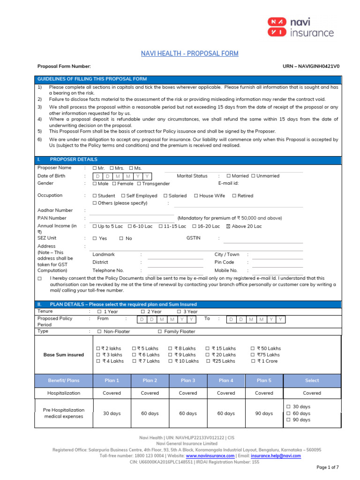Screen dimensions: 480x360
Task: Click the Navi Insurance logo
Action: pos(300,27)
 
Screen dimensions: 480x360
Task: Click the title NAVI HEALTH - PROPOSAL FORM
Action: pos(190,53)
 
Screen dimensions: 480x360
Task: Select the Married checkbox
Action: pos(229,176)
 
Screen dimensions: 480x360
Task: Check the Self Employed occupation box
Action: pos(123,196)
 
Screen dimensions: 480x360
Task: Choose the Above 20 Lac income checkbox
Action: pos(228,226)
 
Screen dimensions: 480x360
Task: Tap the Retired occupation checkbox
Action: pos(234,196)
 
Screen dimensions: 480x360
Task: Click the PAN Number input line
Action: pos(132,218)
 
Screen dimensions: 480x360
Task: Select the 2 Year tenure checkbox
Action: pos(143,312)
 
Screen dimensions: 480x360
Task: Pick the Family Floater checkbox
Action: pos(160,331)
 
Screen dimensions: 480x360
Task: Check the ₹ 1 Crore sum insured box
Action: pos(253,361)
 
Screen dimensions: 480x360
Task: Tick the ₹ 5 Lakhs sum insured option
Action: pos(134,349)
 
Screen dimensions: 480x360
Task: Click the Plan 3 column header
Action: pos(188,381)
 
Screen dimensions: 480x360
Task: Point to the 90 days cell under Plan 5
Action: pos(264,413)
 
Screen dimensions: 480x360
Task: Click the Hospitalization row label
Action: pos(64,393)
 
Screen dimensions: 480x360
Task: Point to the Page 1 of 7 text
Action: pos(328,467)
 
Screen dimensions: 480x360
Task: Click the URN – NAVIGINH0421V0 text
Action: pos(311,66)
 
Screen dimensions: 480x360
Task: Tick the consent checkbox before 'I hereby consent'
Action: pos(40,278)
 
